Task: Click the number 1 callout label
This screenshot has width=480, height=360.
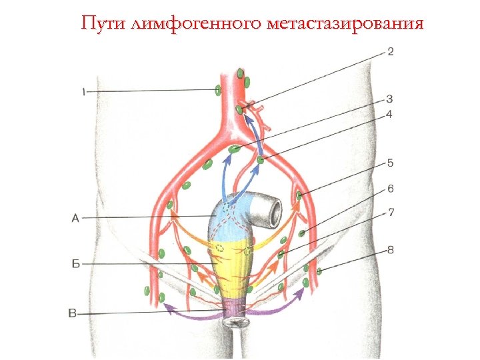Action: (x=83, y=92)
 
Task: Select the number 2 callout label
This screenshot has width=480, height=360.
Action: (x=390, y=51)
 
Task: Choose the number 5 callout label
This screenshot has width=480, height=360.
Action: (x=390, y=163)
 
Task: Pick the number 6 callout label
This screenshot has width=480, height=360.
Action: (x=390, y=189)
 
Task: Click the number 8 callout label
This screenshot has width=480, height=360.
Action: (x=390, y=250)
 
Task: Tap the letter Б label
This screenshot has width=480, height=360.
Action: (x=75, y=264)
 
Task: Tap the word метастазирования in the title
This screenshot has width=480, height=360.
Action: (x=345, y=24)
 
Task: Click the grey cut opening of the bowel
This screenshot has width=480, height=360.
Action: (x=273, y=211)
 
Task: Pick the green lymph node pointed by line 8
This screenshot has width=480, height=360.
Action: (x=319, y=270)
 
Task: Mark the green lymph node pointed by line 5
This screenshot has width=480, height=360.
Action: (x=299, y=195)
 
